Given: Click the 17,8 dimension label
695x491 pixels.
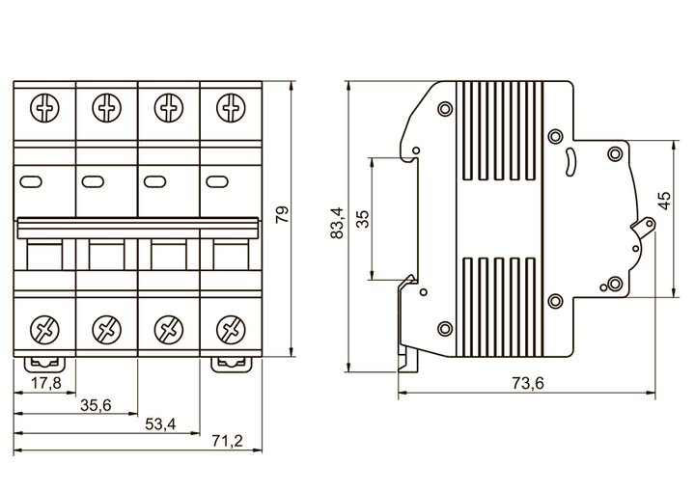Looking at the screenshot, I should coord(46,383).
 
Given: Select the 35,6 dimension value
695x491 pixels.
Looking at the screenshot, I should coord(96,405).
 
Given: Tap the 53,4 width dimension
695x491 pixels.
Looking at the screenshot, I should coord(159,423).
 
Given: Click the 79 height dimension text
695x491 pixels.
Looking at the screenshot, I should coord(282,214).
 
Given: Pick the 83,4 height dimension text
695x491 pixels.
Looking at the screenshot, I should coord(336,223).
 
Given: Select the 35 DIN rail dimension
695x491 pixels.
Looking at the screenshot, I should coord(362,218).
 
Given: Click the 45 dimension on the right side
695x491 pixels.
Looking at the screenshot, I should coord(663,201).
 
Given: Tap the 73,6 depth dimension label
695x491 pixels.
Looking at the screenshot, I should coord(527,383).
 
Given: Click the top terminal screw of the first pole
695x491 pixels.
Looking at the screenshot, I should coord(44,106).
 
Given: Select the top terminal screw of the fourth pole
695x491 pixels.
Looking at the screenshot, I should coord(230,106).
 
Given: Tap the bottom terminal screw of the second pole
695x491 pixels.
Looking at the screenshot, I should coord(106,329).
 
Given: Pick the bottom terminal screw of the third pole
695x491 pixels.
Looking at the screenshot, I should coord(168,329).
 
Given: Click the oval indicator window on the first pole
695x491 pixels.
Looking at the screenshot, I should coord(32,179).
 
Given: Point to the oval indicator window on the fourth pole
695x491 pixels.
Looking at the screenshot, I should coord(217,179).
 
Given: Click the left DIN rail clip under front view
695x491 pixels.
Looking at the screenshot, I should coord(44,364).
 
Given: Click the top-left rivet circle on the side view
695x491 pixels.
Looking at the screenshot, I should coord(445,108).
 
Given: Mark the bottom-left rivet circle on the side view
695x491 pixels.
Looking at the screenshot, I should coord(445,328).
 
